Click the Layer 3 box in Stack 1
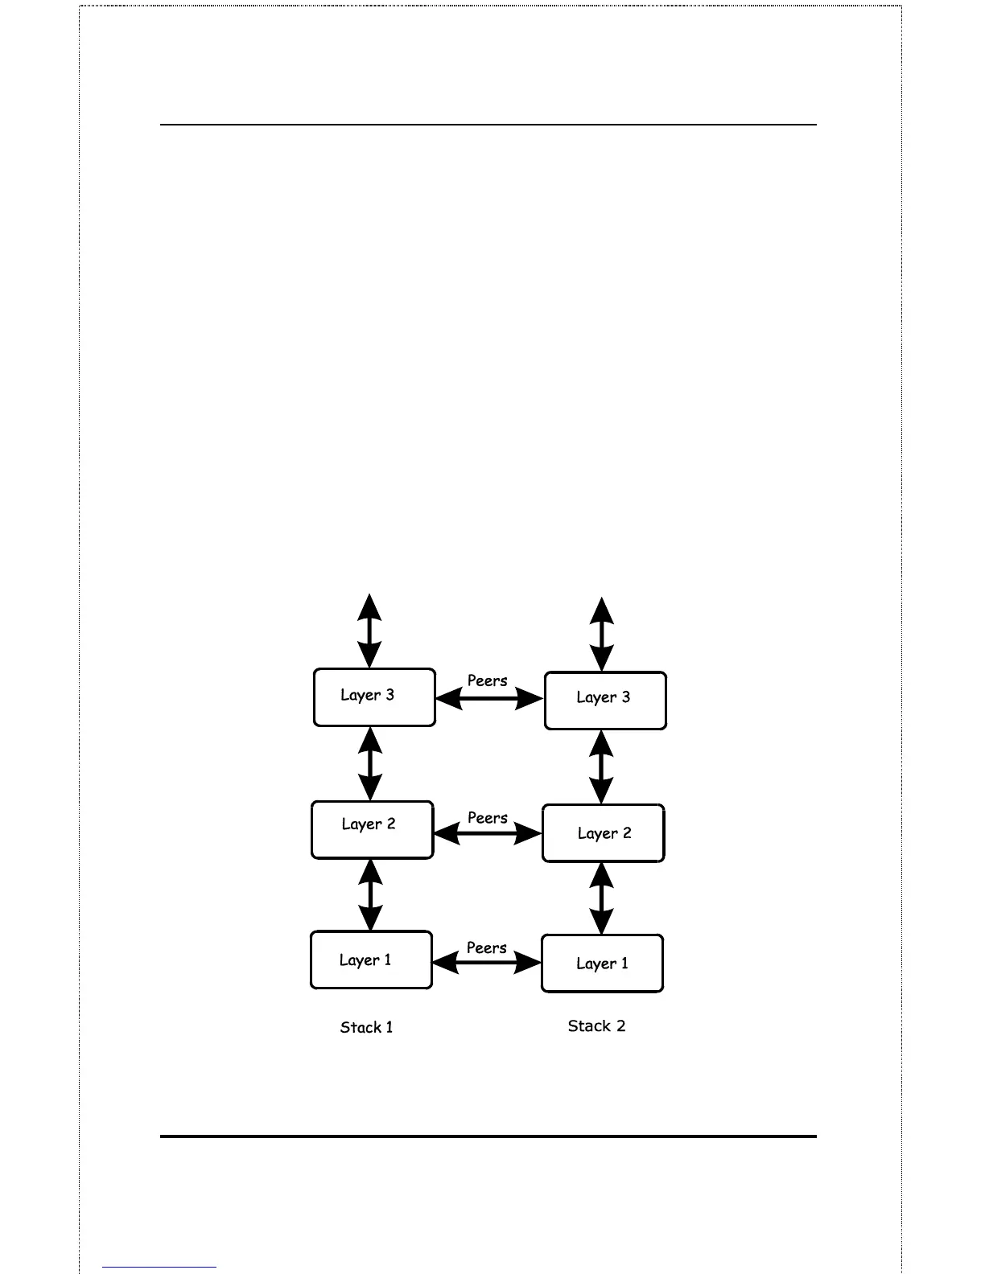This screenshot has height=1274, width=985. (374, 697)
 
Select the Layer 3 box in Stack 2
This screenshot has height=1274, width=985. (605, 701)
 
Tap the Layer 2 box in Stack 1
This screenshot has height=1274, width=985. (372, 829)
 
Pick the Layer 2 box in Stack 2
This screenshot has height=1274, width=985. (604, 833)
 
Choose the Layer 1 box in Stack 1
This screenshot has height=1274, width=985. (371, 960)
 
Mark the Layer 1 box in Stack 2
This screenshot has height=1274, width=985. (602, 964)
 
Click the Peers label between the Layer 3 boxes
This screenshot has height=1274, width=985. (488, 680)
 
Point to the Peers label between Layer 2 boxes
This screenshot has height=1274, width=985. (488, 818)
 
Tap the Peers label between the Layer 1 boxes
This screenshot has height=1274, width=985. (487, 948)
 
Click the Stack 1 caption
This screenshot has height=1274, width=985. (367, 1027)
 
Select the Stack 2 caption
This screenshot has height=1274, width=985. (596, 1025)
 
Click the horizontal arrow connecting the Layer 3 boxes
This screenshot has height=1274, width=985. (489, 699)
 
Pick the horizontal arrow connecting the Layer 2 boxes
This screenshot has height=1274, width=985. (488, 834)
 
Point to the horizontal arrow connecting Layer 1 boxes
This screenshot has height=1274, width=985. (487, 962)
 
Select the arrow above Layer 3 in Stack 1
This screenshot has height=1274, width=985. (369, 631)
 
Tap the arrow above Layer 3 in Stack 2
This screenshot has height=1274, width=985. (602, 635)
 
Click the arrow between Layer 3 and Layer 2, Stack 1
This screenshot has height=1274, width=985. (370, 764)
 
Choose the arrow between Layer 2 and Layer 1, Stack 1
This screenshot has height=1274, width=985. (370, 895)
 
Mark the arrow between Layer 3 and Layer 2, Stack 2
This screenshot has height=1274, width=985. (602, 767)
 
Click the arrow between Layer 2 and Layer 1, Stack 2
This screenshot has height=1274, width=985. (602, 898)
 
